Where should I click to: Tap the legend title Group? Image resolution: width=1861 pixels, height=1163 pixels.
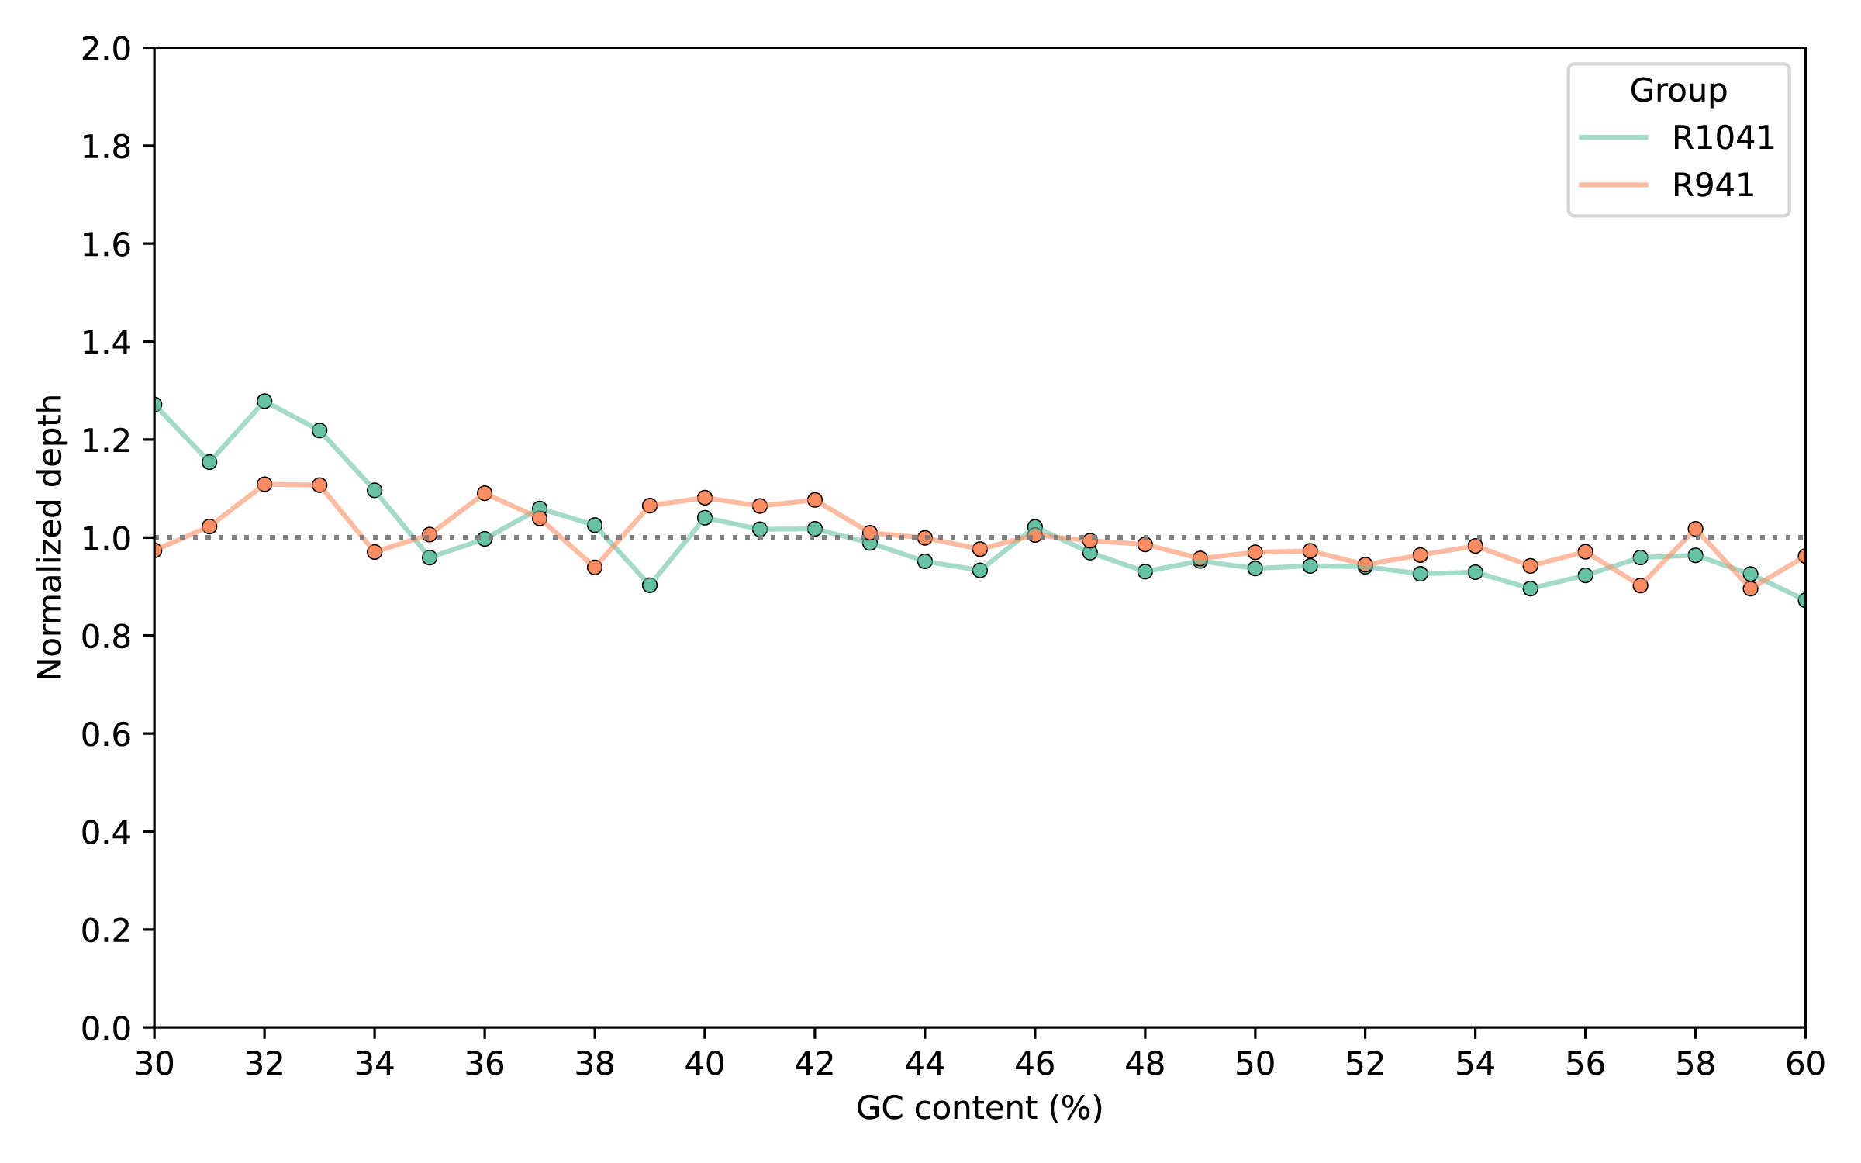(x=1678, y=91)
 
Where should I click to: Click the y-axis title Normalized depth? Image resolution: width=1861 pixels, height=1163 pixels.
(x=50, y=537)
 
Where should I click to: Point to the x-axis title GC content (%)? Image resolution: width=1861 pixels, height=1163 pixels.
(x=979, y=1108)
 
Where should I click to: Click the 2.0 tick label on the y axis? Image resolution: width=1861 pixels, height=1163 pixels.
(x=106, y=49)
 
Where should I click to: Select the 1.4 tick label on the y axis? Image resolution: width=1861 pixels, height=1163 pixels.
(x=106, y=342)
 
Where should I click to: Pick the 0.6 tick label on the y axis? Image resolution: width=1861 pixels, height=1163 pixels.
(x=106, y=733)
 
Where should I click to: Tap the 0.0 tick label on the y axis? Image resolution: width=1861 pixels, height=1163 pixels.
(x=106, y=1028)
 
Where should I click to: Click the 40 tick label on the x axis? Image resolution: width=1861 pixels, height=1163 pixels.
(x=705, y=1064)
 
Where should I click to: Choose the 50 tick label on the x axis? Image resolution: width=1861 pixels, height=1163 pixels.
(x=1255, y=1064)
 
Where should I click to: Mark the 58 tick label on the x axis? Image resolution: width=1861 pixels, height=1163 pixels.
(x=1695, y=1064)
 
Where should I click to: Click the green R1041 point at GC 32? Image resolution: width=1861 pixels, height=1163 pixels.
(x=264, y=401)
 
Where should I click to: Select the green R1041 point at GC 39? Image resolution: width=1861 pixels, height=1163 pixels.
(x=650, y=585)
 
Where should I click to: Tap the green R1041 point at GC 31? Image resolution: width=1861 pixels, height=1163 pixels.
(x=209, y=462)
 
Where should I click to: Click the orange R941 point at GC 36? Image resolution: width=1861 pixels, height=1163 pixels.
(x=485, y=493)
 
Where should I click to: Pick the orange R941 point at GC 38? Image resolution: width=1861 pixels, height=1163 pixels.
(x=595, y=568)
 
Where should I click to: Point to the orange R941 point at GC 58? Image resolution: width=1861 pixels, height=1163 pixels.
(x=1695, y=529)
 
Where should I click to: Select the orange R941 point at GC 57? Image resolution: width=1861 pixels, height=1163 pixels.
(x=1640, y=585)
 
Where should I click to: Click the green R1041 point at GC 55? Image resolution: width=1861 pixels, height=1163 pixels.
(x=1530, y=588)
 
